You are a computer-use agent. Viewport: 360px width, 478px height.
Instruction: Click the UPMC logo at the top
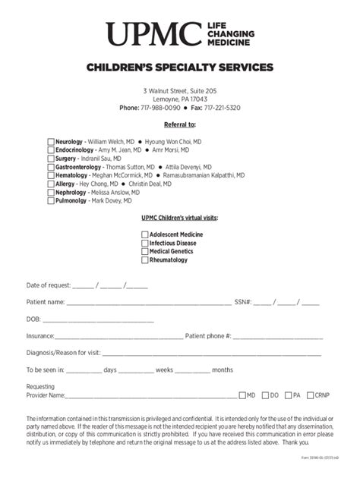[x=179, y=34]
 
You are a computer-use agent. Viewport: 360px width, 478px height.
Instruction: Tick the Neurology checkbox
[x=51, y=142]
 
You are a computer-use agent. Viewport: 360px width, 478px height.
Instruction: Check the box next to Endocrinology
[x=51, y=150]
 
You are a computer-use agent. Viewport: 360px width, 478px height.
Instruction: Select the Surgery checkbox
[x=51, y=159]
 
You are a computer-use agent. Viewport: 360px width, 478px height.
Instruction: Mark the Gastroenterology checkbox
[x=51, y=167]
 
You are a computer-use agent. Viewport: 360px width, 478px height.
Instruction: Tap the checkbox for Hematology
[x=51, y=175]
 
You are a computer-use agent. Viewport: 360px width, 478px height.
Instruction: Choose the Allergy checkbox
[x=51, y=184]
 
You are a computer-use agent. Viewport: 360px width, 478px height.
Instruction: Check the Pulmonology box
[x=51, y=202]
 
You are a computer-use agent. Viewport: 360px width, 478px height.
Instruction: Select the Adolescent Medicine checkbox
[x=144, y=235]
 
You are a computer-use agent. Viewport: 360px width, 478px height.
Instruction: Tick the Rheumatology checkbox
[x=144, y=260]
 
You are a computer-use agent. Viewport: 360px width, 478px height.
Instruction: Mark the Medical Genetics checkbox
[x=144, y=252]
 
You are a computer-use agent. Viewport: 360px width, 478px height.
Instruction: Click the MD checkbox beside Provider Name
[x=242, y=395]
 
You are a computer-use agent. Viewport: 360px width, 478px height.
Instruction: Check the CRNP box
[x=311, y=395]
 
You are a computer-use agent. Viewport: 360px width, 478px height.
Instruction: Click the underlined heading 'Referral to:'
[x=180, y=124]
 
